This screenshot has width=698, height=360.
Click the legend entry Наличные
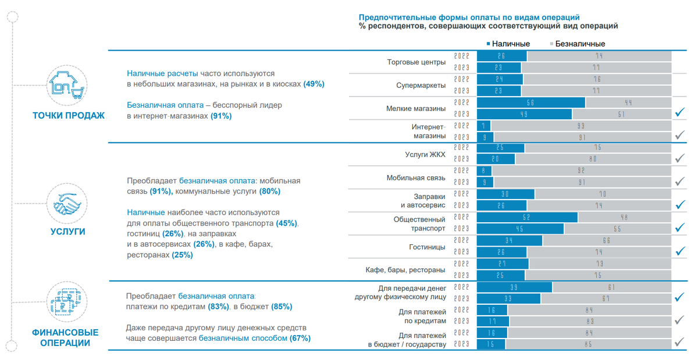[x=510, y=44]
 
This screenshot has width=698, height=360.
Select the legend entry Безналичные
[x=579, y=44]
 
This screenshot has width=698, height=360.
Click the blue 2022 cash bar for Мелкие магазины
[x=530, y=103]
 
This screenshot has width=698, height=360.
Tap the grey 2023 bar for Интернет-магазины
[x=582, y=137]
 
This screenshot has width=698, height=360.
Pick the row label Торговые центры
[x=416, y=62]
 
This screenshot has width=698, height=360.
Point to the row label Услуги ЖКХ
[x=425, y=154]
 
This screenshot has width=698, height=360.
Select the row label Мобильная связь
[x=416, y=177]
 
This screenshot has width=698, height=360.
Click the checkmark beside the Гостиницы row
[x=679, y=251]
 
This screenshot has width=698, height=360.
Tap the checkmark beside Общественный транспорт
[x=679, y=228]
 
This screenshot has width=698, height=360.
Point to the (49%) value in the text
[x=314, y=84]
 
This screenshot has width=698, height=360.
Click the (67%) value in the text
[x=300, y=338]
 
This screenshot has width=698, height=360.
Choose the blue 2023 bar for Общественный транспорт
[x=520, y=229]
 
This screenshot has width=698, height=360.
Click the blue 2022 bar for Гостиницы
[x=510, y=241]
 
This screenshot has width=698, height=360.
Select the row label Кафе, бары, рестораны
[x=405, y=270]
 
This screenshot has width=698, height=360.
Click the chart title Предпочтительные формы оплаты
[x=469, y=17]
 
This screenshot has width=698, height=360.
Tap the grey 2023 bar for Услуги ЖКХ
[x=593, y=159]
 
